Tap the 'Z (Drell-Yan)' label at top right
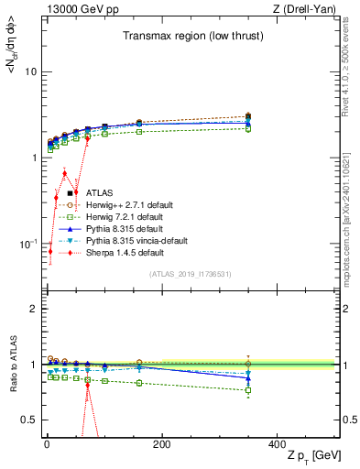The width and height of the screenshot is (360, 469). pos(306,8)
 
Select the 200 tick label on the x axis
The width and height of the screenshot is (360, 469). pos(161,444)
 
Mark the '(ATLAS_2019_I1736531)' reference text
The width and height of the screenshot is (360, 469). pos(189,274)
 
